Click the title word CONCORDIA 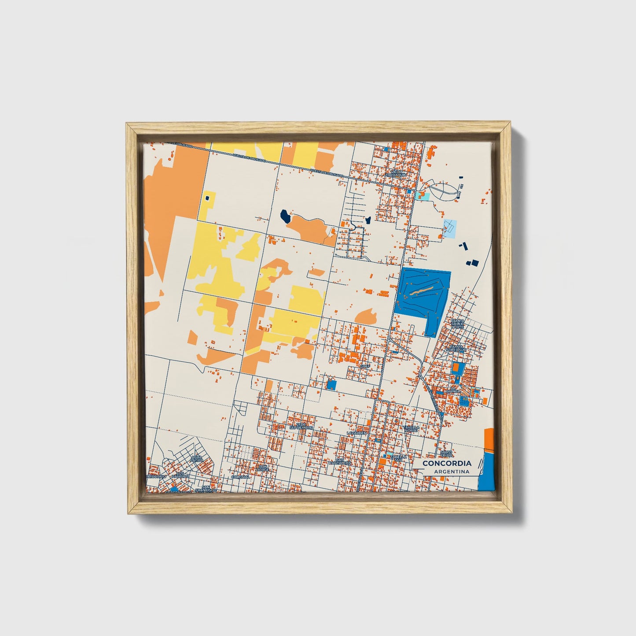tap(447, 463)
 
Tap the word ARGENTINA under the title tap(451, 471)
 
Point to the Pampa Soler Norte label tap(457, 324)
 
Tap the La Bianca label tap(453, 389)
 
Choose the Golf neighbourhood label tap(364, 366)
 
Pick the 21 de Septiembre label tap(301, 426)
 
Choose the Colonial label tap(241, 477)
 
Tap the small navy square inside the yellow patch tap(206, 199)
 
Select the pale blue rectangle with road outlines tap(450, 228)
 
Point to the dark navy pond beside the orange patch tap(285, 215)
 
